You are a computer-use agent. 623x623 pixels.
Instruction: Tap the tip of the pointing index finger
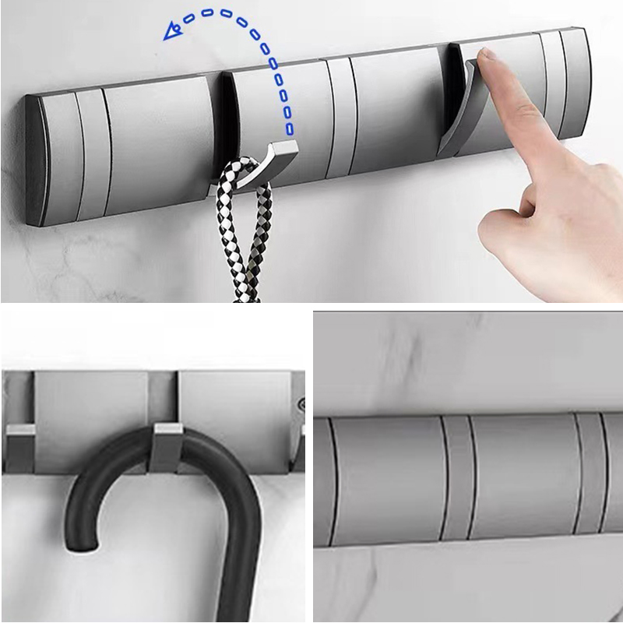[487, 56]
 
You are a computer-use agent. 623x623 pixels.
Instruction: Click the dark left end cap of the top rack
[34, 160]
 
